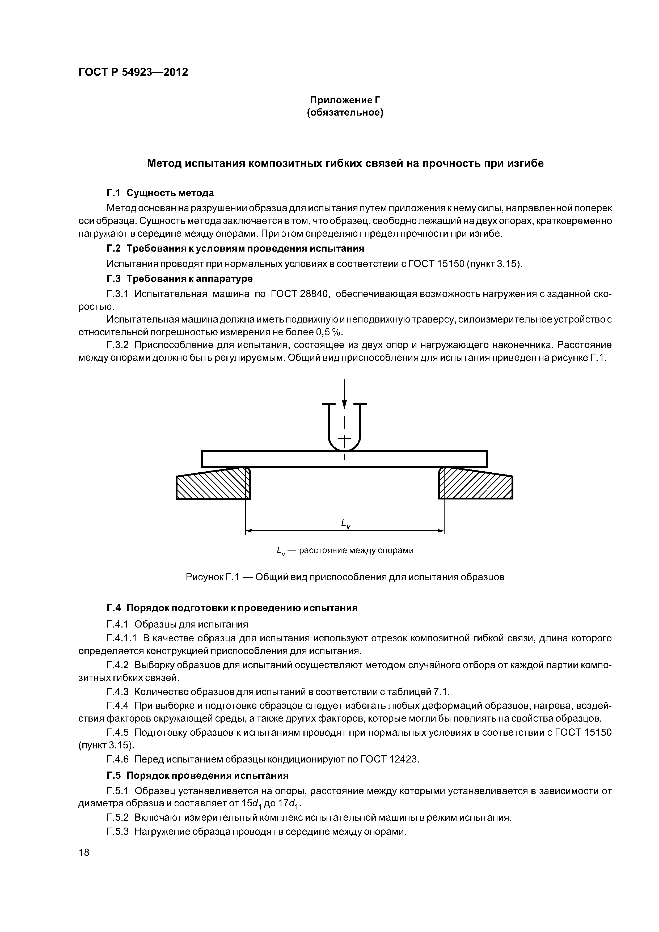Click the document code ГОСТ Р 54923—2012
133,72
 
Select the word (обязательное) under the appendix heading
345,112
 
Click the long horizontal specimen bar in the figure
344,459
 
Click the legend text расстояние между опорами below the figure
356,550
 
